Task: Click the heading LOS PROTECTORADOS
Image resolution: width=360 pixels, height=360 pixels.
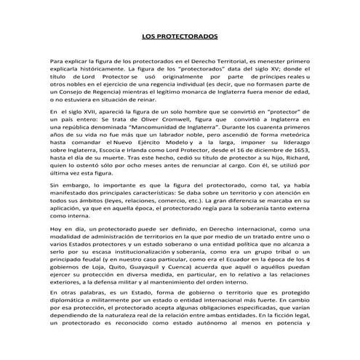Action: point(179,36)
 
